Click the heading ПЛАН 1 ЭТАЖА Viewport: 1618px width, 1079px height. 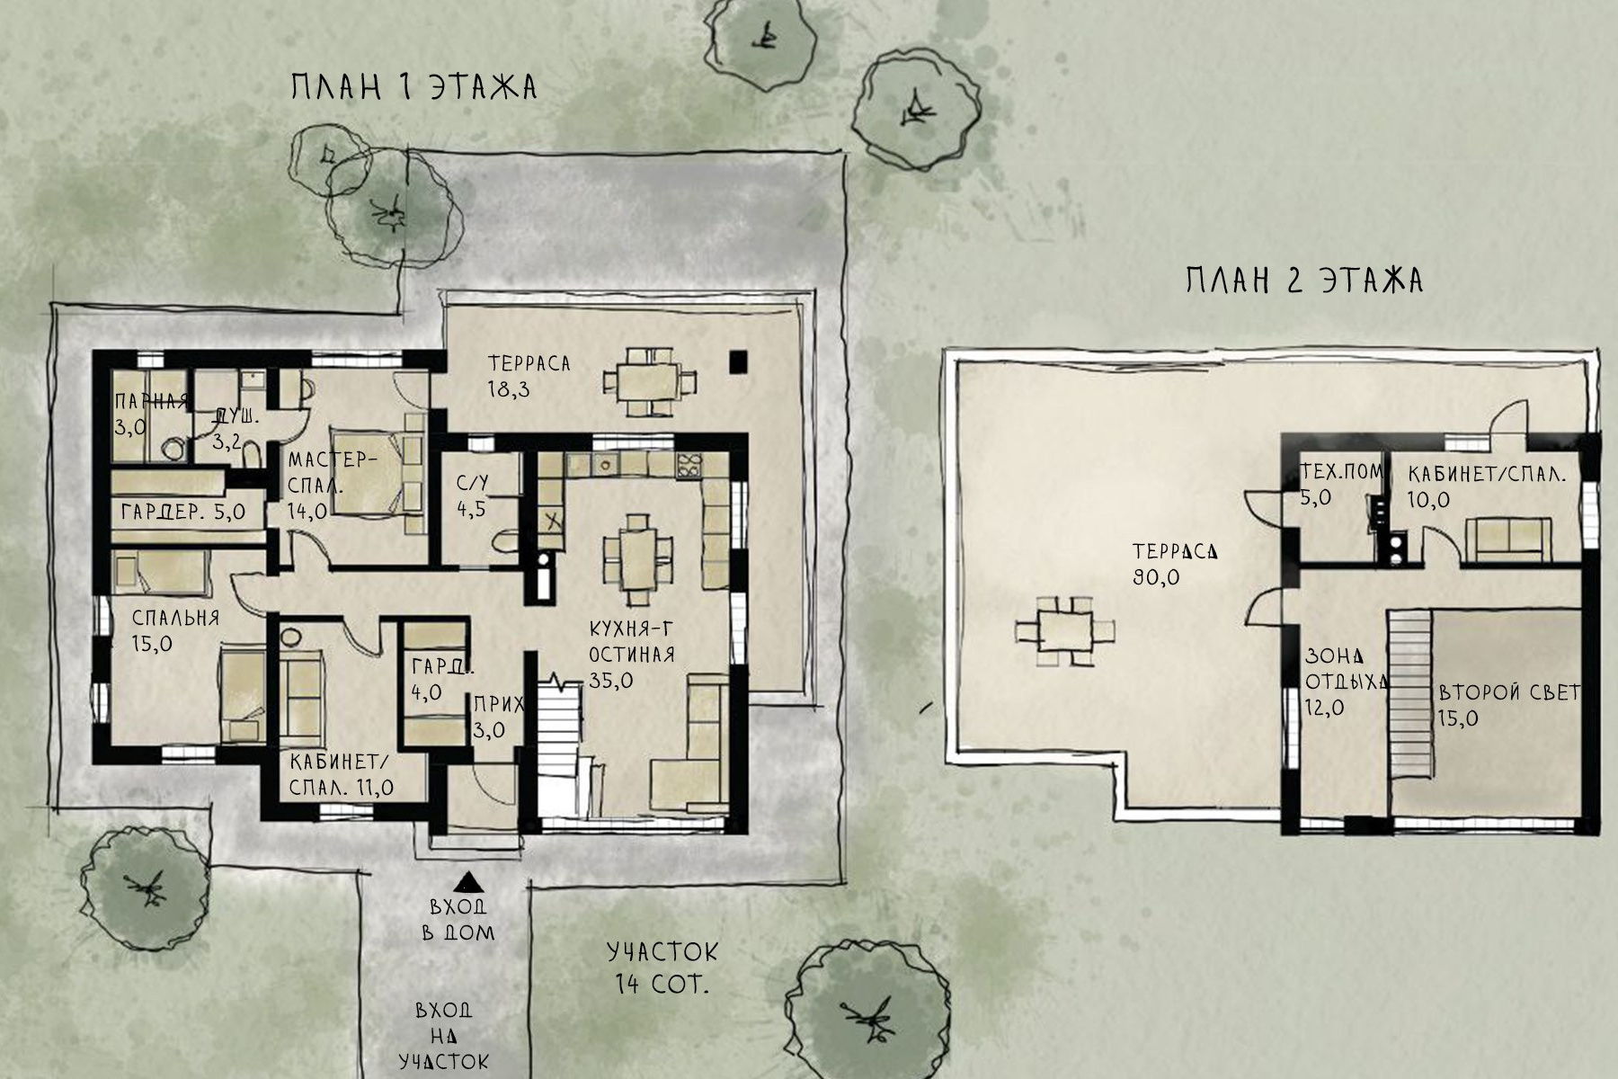point(414,87)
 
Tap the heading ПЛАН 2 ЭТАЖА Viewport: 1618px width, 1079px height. point(1304,281)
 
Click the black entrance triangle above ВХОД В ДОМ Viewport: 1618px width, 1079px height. point(466,881)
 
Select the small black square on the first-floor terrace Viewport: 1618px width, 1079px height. point(738,361)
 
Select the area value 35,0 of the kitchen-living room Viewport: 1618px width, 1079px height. point(611,681)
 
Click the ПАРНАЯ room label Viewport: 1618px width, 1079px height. point(150,402)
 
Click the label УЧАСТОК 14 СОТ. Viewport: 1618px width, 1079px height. point(662,967)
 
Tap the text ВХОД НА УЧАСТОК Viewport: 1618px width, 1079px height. point(444,1036)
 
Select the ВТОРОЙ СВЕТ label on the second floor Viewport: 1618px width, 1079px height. point(1509,692)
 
